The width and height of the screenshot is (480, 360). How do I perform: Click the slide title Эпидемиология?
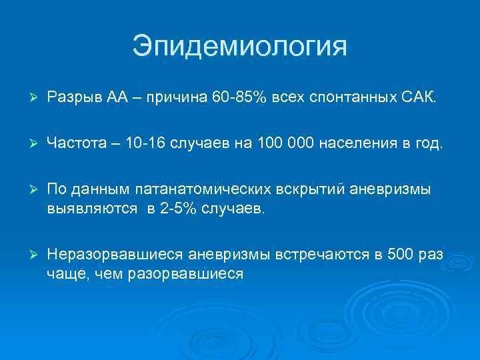point(240,47)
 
